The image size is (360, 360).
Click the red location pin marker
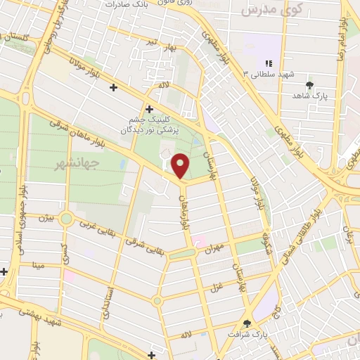tap(181, 166)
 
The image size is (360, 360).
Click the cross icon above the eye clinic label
tap(148, 109)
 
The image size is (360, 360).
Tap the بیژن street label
tap(46, 219)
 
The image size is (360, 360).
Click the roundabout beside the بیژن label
tap(66, 219)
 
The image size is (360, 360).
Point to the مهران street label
tap(214, 247)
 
